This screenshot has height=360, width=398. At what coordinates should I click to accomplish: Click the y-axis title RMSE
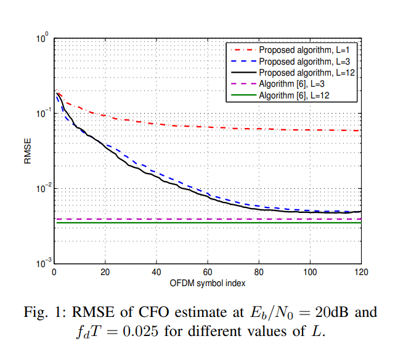27,151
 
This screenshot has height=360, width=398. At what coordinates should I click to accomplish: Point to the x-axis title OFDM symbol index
207,283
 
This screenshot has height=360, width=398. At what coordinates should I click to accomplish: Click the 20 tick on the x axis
105,272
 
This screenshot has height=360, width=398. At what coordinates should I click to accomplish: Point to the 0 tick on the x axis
55,272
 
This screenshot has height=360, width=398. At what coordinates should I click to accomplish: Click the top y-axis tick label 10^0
43,40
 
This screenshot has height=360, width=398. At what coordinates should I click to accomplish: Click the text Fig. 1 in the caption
60,312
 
